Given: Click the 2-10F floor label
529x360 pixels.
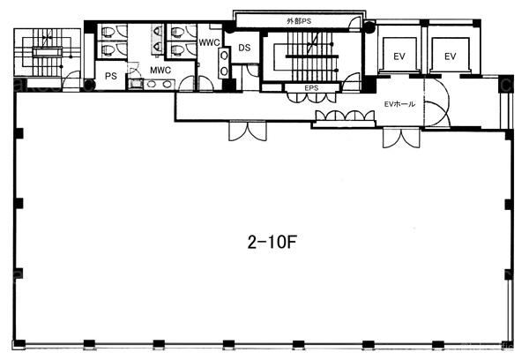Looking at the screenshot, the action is [272, 242].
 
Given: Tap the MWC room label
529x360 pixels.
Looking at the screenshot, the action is [160, 71].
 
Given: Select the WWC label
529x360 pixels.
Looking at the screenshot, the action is [209, 42].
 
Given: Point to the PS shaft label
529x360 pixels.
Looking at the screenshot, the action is [111, 76].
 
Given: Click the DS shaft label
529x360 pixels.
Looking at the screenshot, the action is [244, 48].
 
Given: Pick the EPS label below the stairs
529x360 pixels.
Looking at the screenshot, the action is [311, 88].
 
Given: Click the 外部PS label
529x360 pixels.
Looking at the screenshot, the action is [299, 21].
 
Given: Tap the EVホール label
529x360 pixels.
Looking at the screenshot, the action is [399, 104].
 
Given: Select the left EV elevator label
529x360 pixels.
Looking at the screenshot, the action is [399, 56].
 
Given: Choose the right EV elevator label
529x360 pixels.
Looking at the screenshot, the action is [450, 56].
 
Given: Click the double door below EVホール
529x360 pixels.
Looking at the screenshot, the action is [401, 138].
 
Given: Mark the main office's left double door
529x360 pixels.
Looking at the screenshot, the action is [248, 131].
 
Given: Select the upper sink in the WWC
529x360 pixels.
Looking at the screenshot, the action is [224, 56].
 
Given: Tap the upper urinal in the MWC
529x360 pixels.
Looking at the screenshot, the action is [157, 31].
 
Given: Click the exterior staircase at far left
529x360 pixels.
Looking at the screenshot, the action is [48, 52].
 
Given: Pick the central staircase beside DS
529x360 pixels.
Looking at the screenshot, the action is [312, 56].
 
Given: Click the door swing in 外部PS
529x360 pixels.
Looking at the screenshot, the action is [355, 23].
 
